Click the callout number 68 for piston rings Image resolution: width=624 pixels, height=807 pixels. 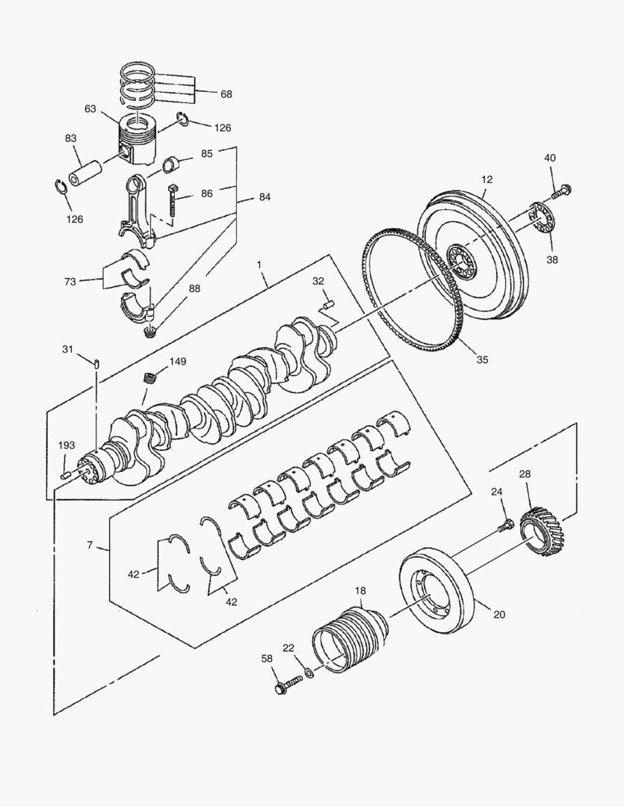click(x=226, y=94)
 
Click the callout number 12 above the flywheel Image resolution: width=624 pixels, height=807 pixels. click(x=487, y=180)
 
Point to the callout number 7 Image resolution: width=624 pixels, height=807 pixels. click(x=90, y=545)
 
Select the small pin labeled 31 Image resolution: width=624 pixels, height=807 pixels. click(x=98, y=363)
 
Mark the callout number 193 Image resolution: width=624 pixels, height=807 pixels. click(x=67, y=445)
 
